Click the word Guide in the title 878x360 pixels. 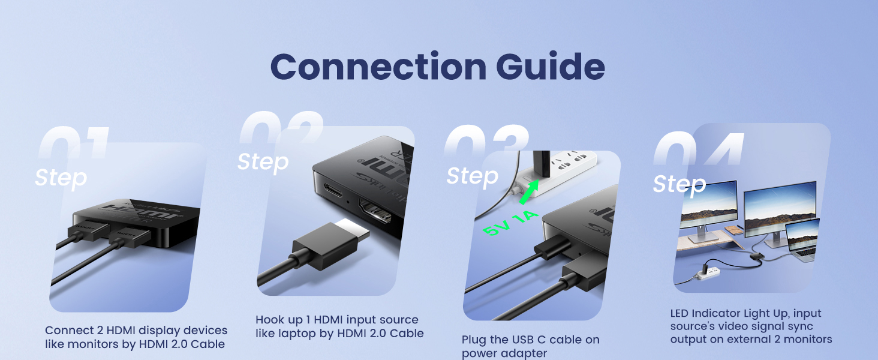pyautogui.click(x=550, y=66)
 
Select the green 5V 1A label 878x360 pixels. pyautogui.click(x=512, y=223)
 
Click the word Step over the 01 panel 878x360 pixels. pyautogui.click(x=61, y=178)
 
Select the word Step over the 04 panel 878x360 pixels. pyautogui.click(x=679, y=184)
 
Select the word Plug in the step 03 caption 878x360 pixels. pyautogui.click(x=474, y=340)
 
